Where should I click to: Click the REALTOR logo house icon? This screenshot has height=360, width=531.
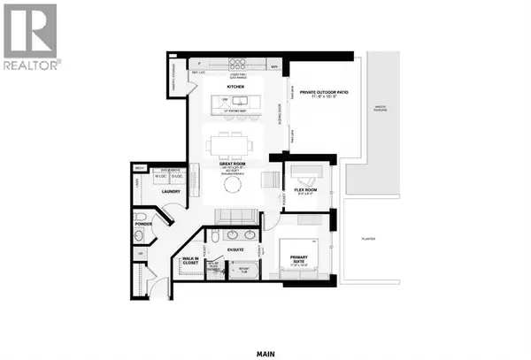pyautogui.click(x=30, y=27)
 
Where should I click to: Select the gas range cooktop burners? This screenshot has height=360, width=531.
pyautogui.click(x=239, y=64)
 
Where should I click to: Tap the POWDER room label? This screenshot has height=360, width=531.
pyautogui.click(x=144, y=236)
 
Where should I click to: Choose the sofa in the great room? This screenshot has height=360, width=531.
pyautogui.click(x=234, y=217)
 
